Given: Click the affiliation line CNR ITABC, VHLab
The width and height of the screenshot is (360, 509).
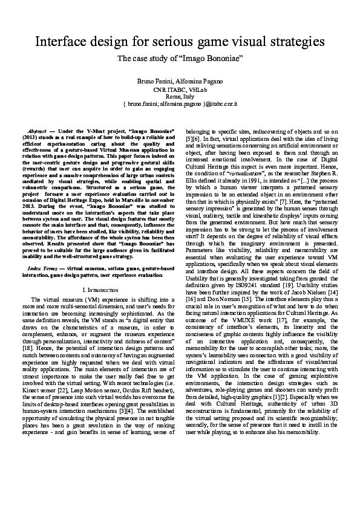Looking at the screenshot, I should pyautogui.click(x=180, y=89).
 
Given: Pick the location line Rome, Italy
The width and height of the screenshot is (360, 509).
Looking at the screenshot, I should pyautogui.click(x=180, y=97).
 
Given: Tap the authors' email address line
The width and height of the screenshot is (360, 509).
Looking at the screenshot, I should pyautogui.click(x=180, y=104).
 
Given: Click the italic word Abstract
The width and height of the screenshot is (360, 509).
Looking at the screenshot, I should pyautogui.click(x=39, y=131).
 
